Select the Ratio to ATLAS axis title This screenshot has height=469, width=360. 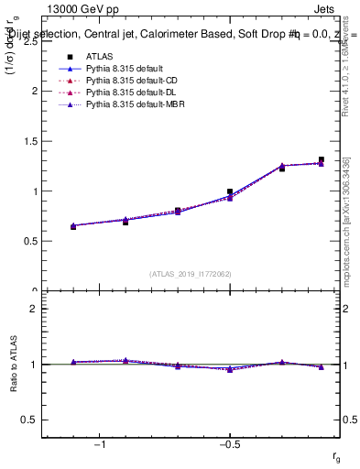[14, 365]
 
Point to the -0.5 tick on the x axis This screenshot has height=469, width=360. [229, 444]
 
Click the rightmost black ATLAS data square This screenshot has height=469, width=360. [322, 159]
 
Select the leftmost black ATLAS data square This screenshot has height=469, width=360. [73, 226]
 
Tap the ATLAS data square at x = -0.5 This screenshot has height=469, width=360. [230, 191]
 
